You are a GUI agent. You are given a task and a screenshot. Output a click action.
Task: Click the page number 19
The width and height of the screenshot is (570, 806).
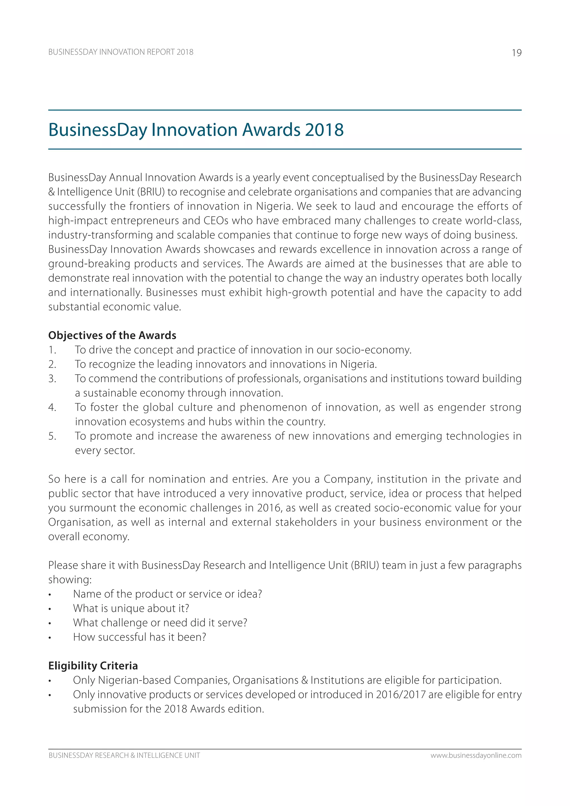pos(516,53)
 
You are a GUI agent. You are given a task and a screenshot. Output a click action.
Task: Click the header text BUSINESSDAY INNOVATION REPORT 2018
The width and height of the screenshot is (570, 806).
pos(121,52)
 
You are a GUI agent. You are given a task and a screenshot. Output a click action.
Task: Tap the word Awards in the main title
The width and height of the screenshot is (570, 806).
pos(271,130)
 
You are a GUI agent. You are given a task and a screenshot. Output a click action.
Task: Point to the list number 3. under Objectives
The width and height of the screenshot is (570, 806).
pos(52,379)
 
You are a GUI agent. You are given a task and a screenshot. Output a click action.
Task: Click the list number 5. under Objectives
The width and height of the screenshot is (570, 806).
pos(52,436)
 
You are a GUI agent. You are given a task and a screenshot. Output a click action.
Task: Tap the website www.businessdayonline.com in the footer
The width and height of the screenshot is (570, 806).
pos(476,755)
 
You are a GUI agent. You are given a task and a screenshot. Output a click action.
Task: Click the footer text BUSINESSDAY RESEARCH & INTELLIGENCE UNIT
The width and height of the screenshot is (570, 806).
pos(124,755)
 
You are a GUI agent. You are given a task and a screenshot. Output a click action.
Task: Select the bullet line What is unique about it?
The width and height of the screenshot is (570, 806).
pos(131,608)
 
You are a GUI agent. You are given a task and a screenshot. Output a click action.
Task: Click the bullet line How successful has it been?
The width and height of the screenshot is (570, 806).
pos(139,637)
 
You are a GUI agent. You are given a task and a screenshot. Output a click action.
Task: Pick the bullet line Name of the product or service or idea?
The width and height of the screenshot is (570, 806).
pos(168,594)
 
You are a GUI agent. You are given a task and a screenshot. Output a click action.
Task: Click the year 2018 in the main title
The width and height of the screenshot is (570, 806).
pos(324,130)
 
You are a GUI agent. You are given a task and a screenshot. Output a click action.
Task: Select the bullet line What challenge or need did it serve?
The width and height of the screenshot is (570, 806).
pos(160,623)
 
